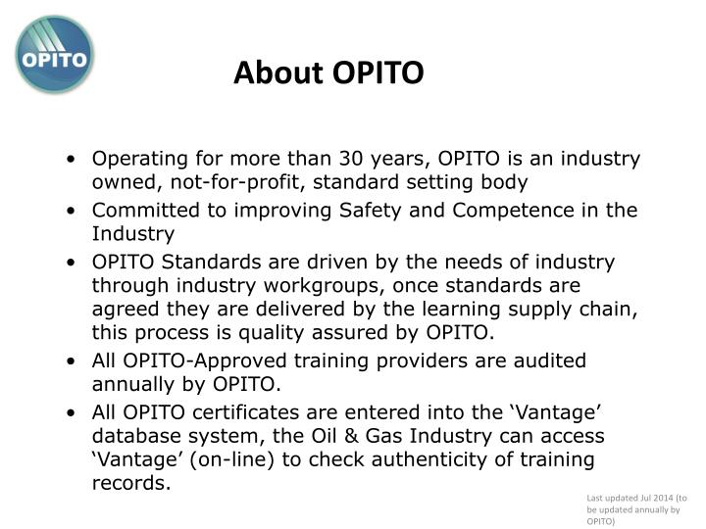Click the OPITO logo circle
56,54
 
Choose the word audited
548,361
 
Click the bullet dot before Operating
76,160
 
